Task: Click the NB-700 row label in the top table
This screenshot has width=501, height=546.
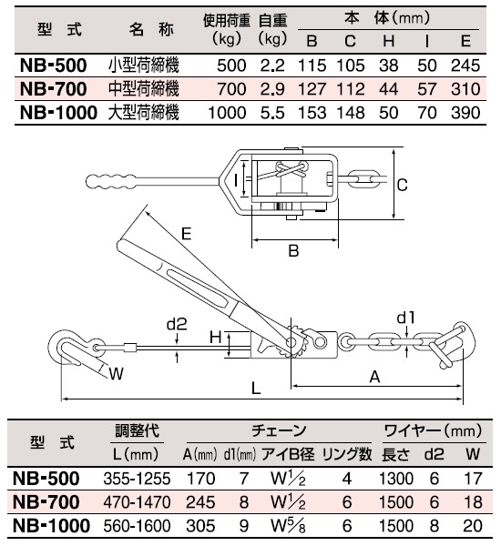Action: point(54,89)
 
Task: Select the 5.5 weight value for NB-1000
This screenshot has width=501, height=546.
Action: point(272,113)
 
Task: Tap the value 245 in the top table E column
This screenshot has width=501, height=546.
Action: point(465,66)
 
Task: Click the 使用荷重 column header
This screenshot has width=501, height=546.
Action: point(227,21)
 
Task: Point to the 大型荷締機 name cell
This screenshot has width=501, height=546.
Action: point(144,113)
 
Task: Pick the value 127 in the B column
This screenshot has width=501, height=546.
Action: point(312,89)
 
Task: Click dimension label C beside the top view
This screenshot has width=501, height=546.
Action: point(402,185)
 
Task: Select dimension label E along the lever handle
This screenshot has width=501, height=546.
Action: point(187,233)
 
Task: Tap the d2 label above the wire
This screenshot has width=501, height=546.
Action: point(177,324)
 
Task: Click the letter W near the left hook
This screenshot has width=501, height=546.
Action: point(116,374)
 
